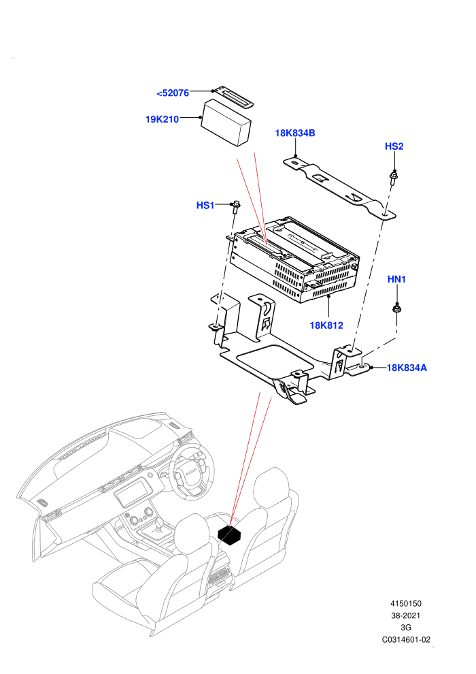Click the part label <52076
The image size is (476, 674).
point(173,93)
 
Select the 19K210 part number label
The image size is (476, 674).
point(163,120)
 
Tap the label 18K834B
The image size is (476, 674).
point(295,133)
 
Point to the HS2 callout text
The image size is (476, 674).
point(394,146)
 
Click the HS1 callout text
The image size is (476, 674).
point(205,206)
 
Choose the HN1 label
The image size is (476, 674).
point(396,279)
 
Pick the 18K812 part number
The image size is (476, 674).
point(326,325)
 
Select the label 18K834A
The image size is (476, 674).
point(407,368)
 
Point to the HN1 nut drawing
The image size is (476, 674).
point(396,308)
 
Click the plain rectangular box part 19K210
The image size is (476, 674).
point(226,123)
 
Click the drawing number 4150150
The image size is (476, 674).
point(405,603)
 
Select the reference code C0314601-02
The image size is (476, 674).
point(406,639)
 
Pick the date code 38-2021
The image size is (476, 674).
point(405,615)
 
